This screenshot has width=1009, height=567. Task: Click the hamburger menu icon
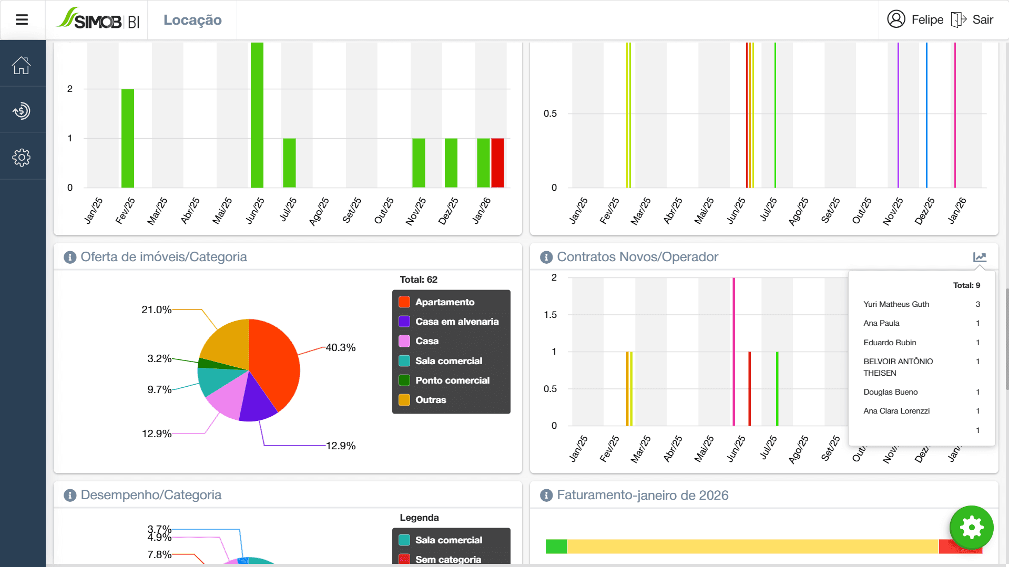click(x=22, y=20)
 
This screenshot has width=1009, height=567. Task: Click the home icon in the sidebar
click(x=22, y=66)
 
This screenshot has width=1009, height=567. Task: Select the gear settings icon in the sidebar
click(x=22, y=157)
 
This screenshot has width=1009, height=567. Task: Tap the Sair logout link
click(x=982, y=20)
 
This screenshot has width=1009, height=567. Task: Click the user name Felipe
click(x=927, y=20)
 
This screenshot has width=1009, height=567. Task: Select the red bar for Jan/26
click(x=497, y=163)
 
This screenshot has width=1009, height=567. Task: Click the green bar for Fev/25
click(x=128, y=138)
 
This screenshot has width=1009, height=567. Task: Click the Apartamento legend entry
click(x=444, y=302)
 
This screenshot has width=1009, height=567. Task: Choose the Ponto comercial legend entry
click(x=452, y=380)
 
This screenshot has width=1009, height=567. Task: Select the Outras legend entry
click(x=430, y=400)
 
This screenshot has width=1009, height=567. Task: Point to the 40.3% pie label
click(x=341, y=347)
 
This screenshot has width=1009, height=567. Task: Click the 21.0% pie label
click(x=156, y=310)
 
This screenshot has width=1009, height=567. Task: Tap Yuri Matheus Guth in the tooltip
click(x=896, y=304)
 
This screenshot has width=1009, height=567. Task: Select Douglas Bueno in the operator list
click(x=890, y=392)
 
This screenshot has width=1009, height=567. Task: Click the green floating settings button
click(x=971, y=527)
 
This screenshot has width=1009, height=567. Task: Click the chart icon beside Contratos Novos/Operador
click(x=979, y=257)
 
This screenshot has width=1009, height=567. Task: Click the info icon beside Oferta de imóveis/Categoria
click(x=70, y=257)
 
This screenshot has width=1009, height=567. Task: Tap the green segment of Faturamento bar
click(x=556, y=547)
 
